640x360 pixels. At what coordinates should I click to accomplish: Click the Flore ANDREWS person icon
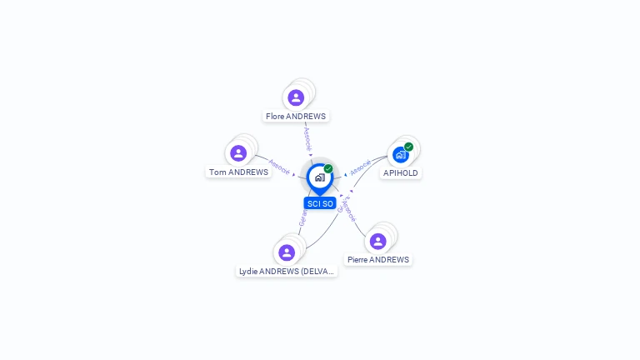point(296,97)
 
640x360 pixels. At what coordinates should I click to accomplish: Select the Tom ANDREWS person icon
point(238,153)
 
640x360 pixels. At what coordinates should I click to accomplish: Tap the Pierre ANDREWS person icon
point(377,241)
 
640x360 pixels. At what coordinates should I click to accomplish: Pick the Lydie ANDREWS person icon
point(287,252)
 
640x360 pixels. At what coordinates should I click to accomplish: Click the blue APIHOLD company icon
point(401,154)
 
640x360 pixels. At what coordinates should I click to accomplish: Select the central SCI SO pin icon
point(319,177)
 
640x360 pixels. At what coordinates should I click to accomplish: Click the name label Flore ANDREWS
point(296,117)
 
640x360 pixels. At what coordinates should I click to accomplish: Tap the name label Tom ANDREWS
point(238,172)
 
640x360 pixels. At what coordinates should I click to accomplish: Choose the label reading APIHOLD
point(401,173)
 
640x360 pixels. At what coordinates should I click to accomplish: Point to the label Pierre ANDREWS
point(378,260)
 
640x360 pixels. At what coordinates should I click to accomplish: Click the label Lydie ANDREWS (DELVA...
point(287,272)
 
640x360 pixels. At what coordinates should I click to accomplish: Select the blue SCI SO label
point(320,203)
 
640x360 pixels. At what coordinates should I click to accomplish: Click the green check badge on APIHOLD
point(408,147)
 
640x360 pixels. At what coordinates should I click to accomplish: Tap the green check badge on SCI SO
point(328,168)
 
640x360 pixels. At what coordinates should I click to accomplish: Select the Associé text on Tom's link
point(279,166)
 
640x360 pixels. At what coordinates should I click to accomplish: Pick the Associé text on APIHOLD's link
point(360,167)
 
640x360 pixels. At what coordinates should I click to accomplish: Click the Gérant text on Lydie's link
point(302,217)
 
